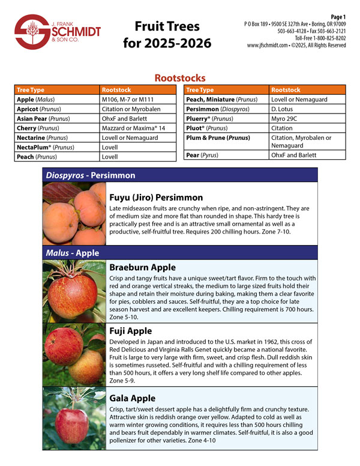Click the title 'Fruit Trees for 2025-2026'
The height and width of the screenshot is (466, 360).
coord(167,35)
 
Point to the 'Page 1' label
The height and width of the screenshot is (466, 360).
coord(338,16)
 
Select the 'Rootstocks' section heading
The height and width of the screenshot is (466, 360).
coord(180,78)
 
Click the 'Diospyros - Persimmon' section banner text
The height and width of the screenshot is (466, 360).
coord(91,175)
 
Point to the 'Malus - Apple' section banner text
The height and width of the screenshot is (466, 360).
coord(73,253)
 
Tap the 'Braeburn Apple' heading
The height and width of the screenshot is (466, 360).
coord(142,267)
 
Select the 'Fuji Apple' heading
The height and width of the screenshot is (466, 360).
coord(130,331)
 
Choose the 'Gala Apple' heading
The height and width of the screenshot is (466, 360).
coord(132,398)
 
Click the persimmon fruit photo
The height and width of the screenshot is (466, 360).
coord(73,213)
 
